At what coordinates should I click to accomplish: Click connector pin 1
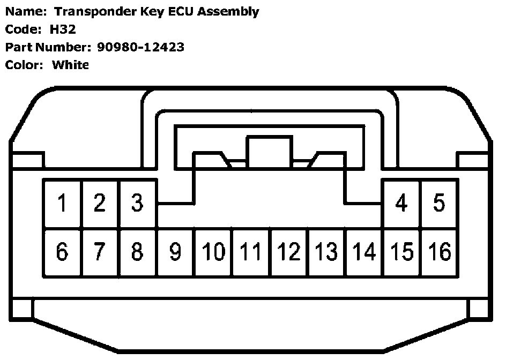pos(63,204)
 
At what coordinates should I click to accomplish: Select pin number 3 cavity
pos(138,204)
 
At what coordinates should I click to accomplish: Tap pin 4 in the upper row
pos(401,204)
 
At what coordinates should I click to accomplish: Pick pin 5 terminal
pos(439,204)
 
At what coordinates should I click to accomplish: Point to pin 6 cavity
pos(63,252)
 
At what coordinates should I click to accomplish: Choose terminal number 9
pos(175,252)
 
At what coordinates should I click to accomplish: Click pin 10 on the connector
pos(213,252)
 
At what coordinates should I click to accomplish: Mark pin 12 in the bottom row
pos(289,252)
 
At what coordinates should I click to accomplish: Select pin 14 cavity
pos(364,252)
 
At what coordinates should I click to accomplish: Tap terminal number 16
pos(440,252)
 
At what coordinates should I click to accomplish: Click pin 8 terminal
pos(138,252)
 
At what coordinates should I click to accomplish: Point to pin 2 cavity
pos(100,204)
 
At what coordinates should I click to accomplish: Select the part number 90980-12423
pos(140,47)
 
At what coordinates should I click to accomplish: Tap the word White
pos(70,65)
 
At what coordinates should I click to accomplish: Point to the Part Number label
pos(49,47)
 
